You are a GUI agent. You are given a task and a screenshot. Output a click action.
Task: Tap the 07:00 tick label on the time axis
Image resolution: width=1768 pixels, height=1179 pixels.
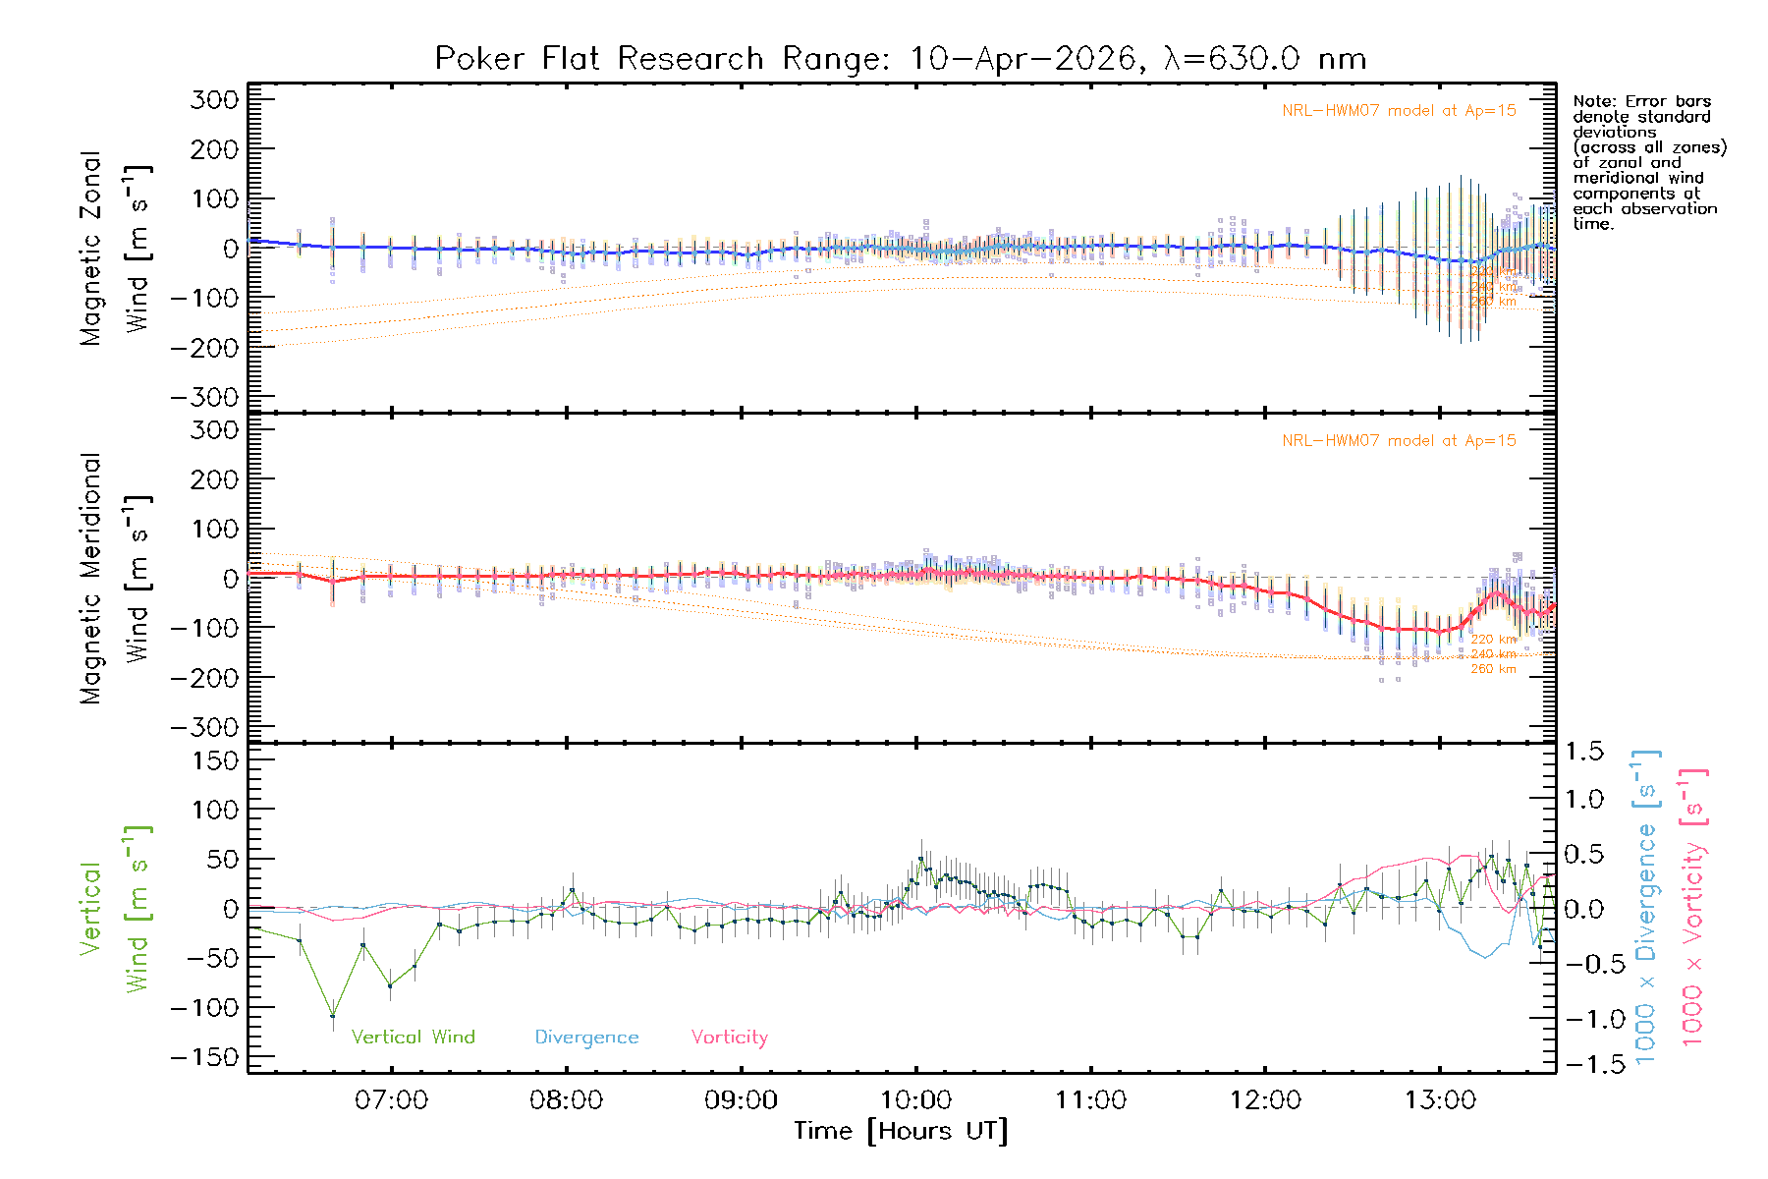point(391,1100)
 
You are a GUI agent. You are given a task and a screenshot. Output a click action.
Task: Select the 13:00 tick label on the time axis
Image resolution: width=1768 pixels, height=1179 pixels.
point(1440,1100)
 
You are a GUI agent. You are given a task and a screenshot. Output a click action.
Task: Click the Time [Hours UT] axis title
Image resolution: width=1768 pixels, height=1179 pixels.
point(901,1131)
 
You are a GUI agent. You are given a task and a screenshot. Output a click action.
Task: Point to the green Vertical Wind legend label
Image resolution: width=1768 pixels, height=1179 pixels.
point(413,1037)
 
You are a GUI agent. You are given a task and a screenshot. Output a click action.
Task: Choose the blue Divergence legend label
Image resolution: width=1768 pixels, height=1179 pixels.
point(586,1037)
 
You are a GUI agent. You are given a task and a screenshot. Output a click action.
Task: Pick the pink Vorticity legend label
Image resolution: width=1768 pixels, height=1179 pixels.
point(729,1037)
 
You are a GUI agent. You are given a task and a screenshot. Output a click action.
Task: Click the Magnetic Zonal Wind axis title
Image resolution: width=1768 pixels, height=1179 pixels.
point(115,248)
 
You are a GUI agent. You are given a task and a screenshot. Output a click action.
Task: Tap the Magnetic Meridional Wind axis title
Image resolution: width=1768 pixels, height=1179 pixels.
point(115,578)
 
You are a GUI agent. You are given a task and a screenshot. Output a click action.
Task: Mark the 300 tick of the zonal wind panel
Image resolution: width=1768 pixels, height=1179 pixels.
point(214,99)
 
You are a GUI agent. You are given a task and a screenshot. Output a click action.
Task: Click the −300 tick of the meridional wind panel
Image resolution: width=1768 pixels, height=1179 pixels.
point(204,727)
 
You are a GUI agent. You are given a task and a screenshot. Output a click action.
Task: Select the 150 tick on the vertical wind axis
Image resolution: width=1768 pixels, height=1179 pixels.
point(214,760)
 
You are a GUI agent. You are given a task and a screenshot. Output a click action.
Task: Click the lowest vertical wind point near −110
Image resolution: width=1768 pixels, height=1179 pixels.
point(333,1016)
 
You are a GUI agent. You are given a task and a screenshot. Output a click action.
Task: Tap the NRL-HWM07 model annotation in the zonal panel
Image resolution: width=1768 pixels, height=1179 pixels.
point(1399,111)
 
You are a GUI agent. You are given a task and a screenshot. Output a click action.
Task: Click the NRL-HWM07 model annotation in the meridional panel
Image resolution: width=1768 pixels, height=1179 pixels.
point(1399,441)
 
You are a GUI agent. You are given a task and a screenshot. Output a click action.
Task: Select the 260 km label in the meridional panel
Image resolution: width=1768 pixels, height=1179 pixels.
point(1493,669)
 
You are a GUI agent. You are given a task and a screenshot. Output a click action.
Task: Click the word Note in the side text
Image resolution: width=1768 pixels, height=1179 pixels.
point(1592,101)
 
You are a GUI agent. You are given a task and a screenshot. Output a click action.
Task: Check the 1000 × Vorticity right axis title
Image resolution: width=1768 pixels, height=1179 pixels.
point(1693,907)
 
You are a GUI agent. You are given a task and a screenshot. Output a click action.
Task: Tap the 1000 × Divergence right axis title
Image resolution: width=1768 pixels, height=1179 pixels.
point(1646,907)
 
